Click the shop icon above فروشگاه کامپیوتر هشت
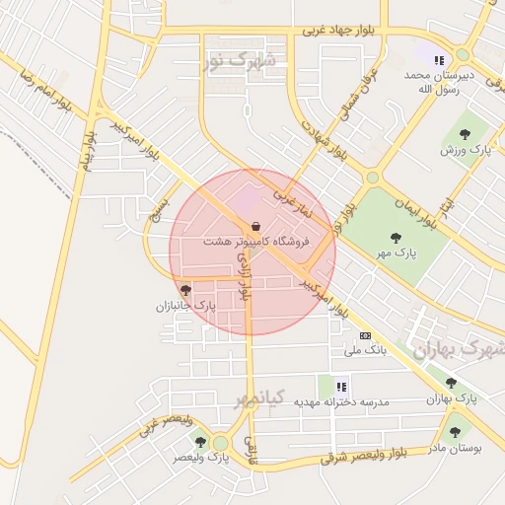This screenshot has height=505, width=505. coord(256,226)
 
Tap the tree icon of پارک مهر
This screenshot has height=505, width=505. coord(396,238)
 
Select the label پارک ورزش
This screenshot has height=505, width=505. coord(466,149)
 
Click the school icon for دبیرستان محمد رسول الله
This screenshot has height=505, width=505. coord(438,60)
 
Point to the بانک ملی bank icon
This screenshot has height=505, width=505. coord(366,335)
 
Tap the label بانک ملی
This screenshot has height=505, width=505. coord(362,350)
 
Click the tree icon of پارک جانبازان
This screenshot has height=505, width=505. coord(185,290)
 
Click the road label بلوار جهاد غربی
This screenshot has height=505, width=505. coord(339,31)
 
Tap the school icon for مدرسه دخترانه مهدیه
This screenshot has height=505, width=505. coord(341,387)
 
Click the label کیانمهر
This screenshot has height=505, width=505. coord(259,397)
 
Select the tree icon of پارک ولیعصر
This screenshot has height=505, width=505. coord(201,442)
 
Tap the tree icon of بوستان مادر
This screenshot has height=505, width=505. coord(454,431)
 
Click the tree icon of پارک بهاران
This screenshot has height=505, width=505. coord(451,383)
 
